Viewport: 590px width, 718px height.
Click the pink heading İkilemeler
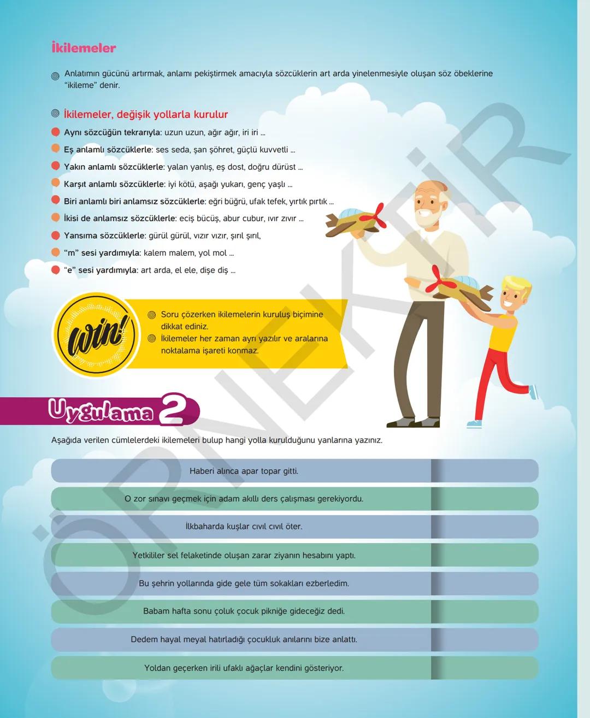[84, 48]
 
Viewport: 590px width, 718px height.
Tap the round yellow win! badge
[96, 334]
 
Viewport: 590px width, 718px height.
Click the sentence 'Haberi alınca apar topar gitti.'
[244, 471]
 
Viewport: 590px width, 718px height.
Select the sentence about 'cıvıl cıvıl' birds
[244, 526]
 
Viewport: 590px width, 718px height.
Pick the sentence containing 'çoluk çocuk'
[244, 611]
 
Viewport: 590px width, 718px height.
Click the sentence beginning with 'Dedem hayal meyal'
[244, 639]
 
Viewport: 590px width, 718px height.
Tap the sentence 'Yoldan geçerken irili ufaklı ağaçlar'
[244, 668]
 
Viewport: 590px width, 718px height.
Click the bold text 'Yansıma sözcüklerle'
[105, 236]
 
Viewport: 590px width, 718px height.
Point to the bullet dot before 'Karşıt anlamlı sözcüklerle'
[56, 183]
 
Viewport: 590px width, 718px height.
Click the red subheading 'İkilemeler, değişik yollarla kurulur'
[146, 114]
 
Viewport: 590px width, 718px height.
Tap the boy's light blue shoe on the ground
[474, 424]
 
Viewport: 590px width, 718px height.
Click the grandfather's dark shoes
[414, 422]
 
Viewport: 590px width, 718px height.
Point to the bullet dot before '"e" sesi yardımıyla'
[56, 270]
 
